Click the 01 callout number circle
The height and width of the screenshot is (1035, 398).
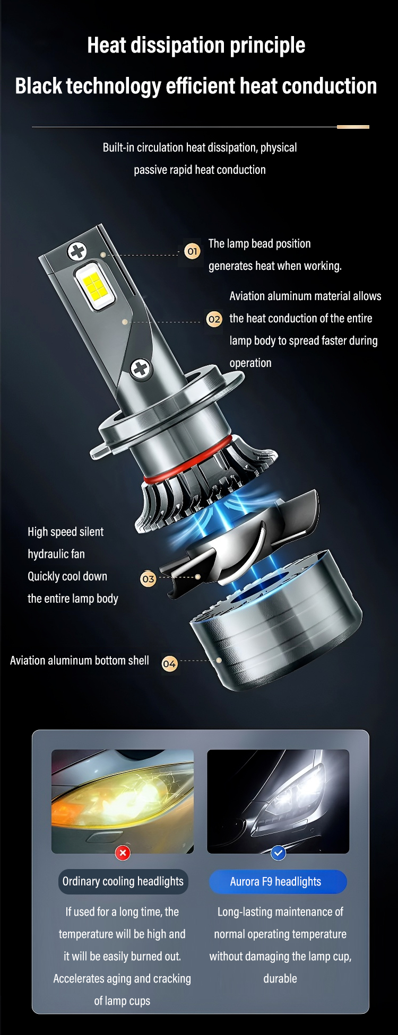192,251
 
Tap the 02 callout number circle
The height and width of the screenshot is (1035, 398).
214,319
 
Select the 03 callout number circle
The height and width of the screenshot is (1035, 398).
148,579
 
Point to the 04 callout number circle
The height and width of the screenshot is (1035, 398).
169,664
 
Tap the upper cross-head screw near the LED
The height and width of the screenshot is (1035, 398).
77,251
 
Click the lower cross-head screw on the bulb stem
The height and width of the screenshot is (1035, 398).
141,368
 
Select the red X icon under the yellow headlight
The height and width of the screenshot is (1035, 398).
123,853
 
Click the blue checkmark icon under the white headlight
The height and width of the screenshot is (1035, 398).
278,853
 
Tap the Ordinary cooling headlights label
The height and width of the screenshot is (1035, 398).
123,881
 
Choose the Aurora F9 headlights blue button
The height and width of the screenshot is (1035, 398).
278,882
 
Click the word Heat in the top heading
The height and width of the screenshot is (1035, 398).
106,46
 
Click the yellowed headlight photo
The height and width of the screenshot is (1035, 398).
123,801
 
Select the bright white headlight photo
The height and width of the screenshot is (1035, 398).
278,801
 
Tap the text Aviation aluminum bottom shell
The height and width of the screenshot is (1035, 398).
80,661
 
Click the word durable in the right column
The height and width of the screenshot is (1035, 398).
280,978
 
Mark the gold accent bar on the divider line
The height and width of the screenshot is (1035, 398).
353,127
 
